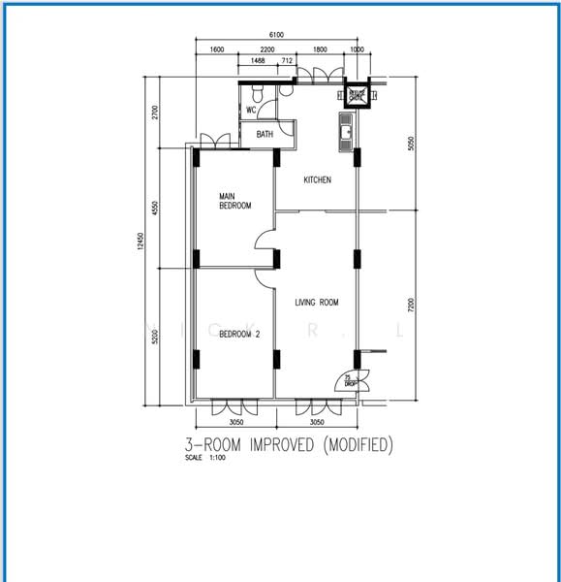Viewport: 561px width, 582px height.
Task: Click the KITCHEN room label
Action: point(318,180)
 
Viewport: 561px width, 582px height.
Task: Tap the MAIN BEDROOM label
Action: point(234,201)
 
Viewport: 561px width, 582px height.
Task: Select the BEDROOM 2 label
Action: point(239,334)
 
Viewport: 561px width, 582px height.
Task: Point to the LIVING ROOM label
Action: point(317,303)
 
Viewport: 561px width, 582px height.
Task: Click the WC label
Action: point(251,110)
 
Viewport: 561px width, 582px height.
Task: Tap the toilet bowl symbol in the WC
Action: point(256,92)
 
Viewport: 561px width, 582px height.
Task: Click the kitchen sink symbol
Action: point(346,131)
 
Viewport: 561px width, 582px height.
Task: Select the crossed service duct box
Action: point(357,94)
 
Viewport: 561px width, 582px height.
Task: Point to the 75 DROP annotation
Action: point(350,381)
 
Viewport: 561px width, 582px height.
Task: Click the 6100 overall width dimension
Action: point(276,35)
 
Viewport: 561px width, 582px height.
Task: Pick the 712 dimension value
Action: point(287,60)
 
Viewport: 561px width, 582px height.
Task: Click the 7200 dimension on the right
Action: point(410,305)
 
